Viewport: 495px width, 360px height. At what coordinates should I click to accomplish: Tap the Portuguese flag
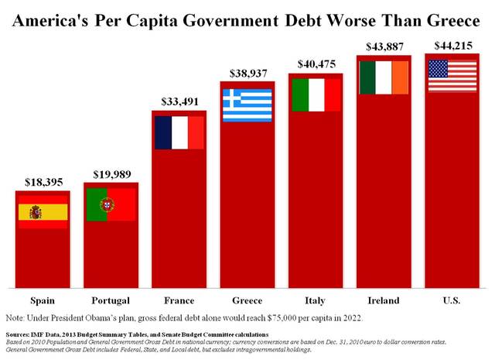[x=111, y=204]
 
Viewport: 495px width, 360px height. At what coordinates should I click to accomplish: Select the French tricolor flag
[x=179, y=132]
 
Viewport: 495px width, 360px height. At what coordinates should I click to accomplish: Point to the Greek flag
[x=247, y=105]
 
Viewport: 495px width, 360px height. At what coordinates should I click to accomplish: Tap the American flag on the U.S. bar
[x=452, y=76]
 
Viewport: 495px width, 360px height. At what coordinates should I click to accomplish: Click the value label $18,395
[x=43, y=182]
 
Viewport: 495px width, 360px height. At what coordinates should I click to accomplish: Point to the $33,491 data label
[x=179, y=101]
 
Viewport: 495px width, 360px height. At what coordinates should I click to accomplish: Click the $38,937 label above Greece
[x=247, y=74]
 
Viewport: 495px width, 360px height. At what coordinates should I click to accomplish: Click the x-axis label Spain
[x=43, y=300]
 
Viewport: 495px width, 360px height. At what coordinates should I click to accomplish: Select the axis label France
[x=179, y=300]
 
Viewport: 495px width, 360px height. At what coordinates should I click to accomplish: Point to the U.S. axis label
[x=452, y=300]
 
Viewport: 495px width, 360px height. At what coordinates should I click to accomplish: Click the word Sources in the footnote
[x=22, y=334]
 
